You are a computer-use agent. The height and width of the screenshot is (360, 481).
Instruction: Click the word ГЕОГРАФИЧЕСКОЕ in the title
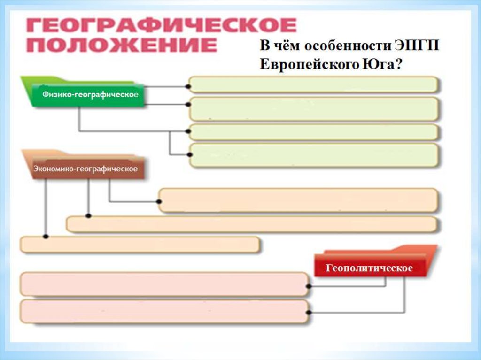pos(162,25)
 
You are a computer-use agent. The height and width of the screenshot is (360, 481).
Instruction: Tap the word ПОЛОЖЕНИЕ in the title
pos(121,46)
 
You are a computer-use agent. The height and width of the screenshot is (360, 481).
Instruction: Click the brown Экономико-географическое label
pos(85,169)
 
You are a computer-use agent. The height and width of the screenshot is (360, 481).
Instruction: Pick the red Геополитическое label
pos(369,268)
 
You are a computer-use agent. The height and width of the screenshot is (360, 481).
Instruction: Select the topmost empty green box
pos(313,85)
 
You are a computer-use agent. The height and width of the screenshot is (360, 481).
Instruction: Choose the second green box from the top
pos(313,109)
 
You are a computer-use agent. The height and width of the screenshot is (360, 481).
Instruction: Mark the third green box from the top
pos(313,132)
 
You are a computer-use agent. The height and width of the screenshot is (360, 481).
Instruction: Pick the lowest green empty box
pos(313,155)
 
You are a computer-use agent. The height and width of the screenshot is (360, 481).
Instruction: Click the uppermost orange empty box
pos(299,200)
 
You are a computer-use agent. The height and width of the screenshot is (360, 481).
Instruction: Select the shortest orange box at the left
pos(140,245)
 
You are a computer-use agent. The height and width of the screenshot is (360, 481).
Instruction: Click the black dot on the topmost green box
pos(188,87)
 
